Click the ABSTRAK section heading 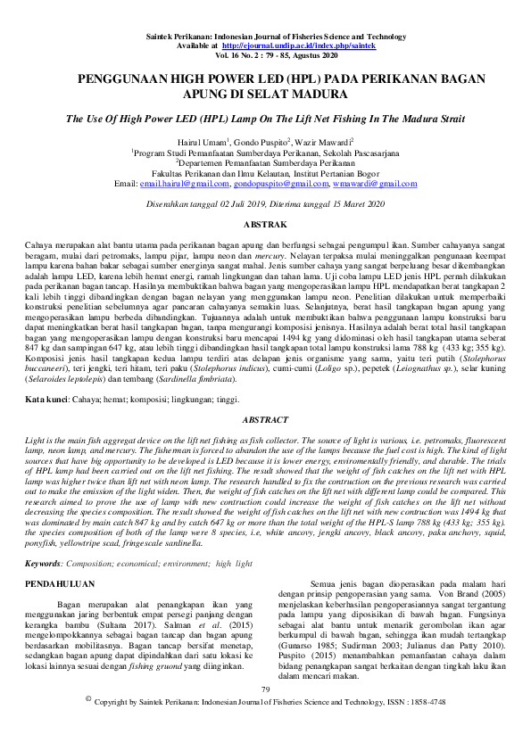coord(265,224)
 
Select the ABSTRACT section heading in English coord(265,420)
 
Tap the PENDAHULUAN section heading coord(61,584)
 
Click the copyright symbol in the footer coord(87,725)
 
